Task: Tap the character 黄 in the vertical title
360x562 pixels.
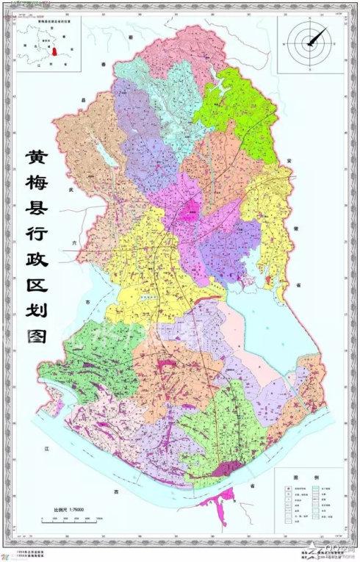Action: tap(35, 159)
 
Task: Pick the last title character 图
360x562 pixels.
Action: tap(35, 363)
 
